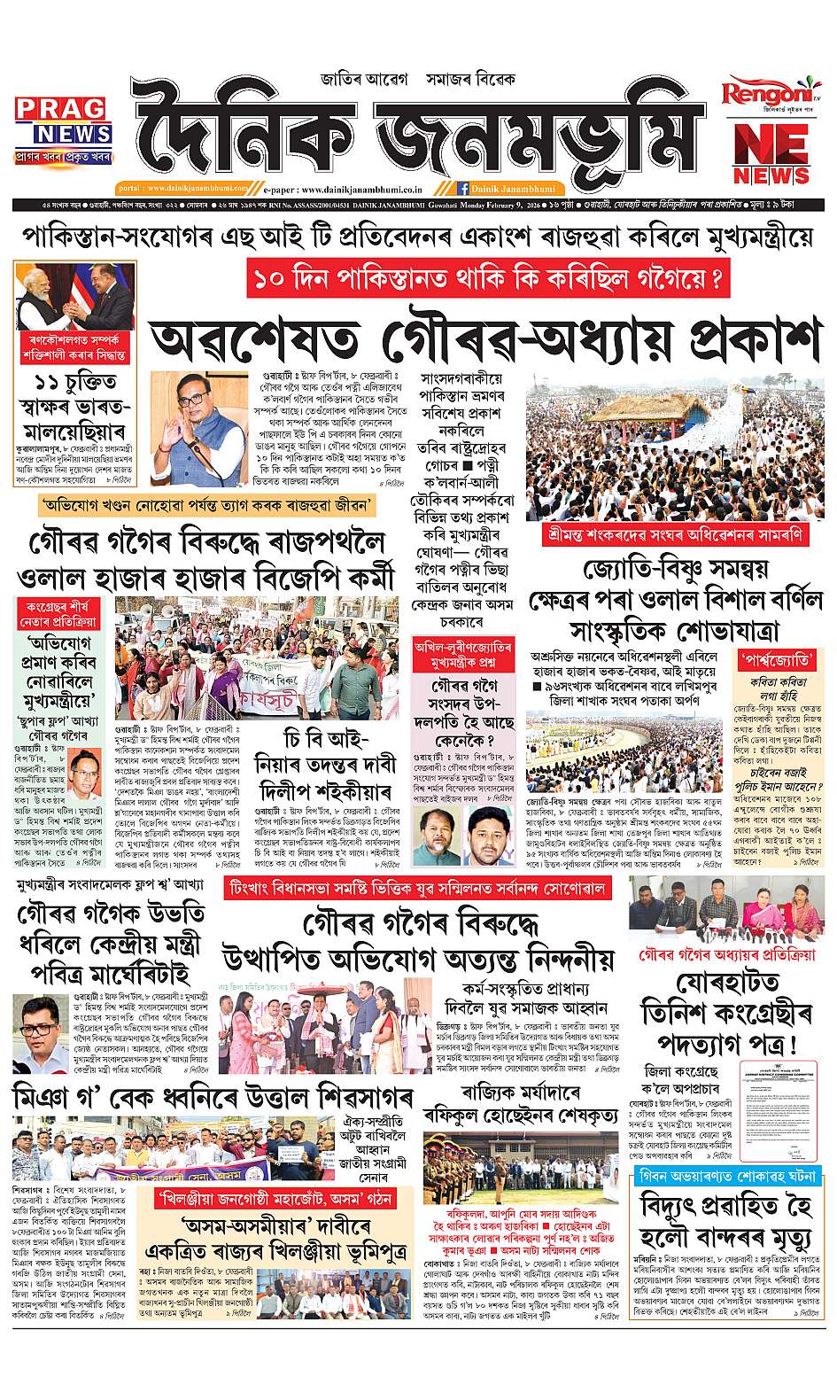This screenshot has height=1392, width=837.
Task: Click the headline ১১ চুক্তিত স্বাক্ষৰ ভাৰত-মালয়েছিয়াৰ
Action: pos(75,411)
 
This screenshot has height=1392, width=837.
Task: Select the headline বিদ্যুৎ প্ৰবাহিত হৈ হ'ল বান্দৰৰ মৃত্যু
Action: pos(727,1227)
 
